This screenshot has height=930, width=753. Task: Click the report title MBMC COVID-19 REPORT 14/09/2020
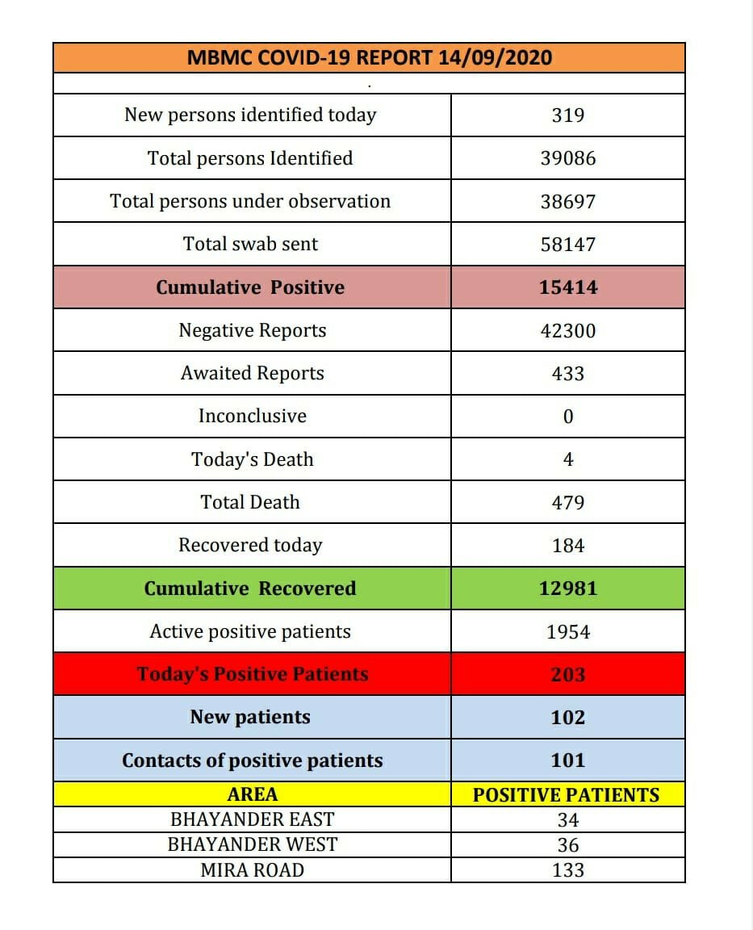click(369, 58)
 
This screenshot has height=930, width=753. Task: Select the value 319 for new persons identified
click(567, 115)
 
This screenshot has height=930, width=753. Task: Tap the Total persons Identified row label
click(250, 158)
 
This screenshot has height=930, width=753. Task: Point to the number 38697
click(567, 201)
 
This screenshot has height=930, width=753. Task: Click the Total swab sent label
click(250, 244)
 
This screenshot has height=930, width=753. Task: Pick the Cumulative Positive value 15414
click(567, 287)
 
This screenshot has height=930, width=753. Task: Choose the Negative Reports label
click(253, 330)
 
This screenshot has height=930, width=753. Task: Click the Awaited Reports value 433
click(567, 374)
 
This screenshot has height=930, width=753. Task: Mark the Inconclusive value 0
click(567, 417)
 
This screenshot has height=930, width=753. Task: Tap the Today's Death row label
click(253, 459)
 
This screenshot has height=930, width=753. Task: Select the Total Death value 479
click(567, 502)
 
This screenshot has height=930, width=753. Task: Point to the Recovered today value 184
click(567, 546)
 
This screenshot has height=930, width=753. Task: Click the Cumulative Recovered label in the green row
click(250, 589)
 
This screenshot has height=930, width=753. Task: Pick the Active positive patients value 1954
click(567, 632)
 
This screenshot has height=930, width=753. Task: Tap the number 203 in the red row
click(567, 674)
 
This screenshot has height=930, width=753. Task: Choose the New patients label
click(250, 717)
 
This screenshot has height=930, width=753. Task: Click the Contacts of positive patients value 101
click(567, 760)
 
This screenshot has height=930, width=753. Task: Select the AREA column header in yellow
click(253, 794)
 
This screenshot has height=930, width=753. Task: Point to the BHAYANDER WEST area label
click(253, 844)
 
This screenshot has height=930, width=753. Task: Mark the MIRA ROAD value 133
click(567, 870)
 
